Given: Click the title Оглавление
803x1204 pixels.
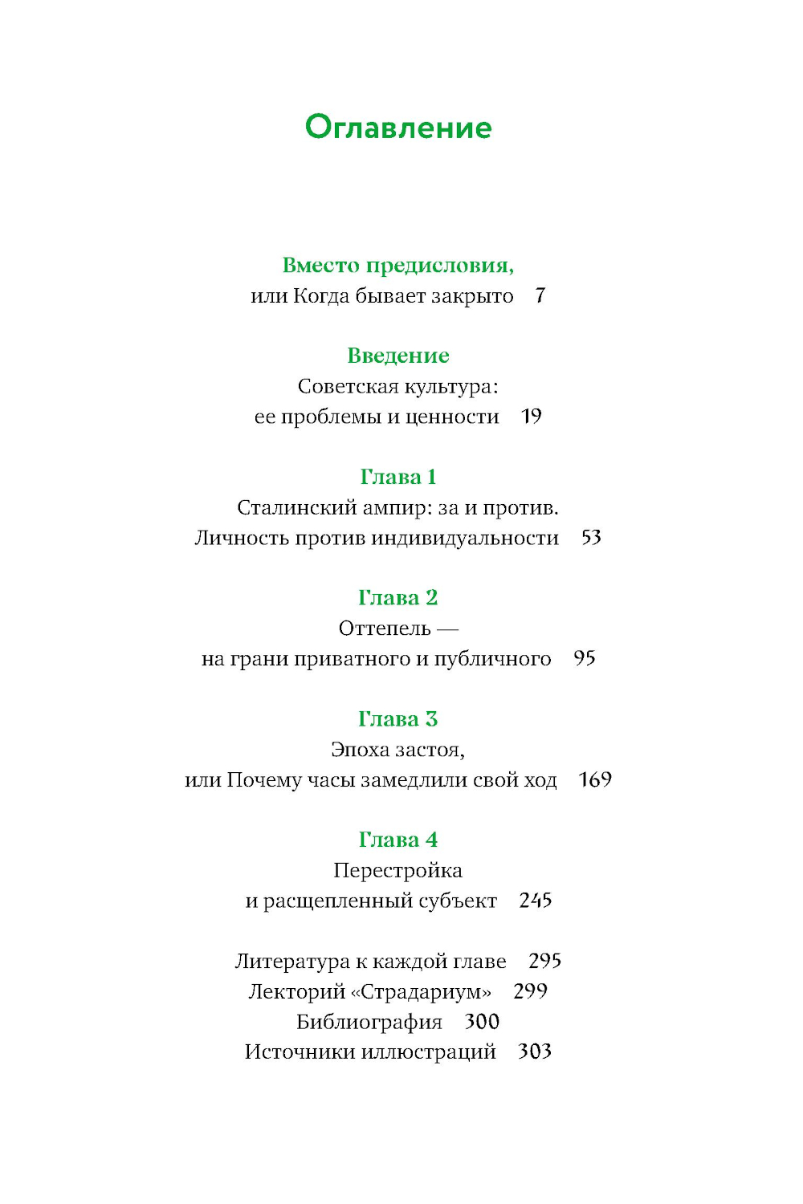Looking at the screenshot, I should [398, 128].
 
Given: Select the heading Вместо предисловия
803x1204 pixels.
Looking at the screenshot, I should [398, 266].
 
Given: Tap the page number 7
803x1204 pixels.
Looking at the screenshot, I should [540, 296].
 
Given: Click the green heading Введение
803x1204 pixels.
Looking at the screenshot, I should [398, 356].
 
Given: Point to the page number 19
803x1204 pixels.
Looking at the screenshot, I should [532, 417].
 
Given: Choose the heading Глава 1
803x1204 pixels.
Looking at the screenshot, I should [398, 477].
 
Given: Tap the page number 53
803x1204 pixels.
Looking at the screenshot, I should [591, 538].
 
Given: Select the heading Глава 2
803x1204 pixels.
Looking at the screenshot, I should [398, 598].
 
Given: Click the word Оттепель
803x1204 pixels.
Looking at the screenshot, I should [385, 628].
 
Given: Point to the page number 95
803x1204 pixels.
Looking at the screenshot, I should [585, 659].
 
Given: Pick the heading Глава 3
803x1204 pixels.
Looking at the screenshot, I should [398, 719].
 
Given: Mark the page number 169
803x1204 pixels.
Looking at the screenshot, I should [595, 780].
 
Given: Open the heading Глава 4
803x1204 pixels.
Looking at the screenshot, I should [398, 840].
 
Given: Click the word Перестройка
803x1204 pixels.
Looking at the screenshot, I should [398, 871].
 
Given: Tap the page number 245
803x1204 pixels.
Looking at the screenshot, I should [536, 901].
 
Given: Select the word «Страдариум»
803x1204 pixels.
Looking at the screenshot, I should [422, 992].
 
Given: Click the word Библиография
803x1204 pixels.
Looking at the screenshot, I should [369, 1022].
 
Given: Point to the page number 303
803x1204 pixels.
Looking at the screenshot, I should [535, 1051].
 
